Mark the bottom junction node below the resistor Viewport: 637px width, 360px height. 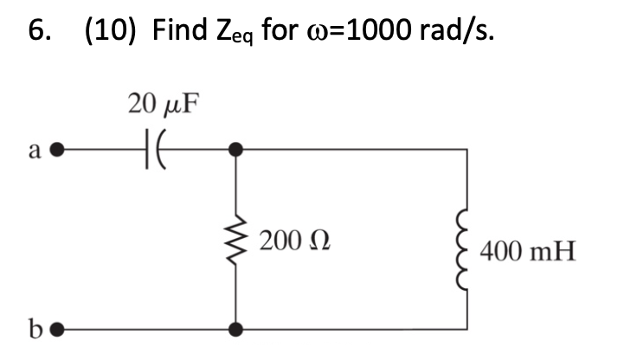tap(235, 330)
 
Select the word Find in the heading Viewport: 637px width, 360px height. tap(181, 31)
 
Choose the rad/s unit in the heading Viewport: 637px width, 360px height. tap(471, 31)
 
